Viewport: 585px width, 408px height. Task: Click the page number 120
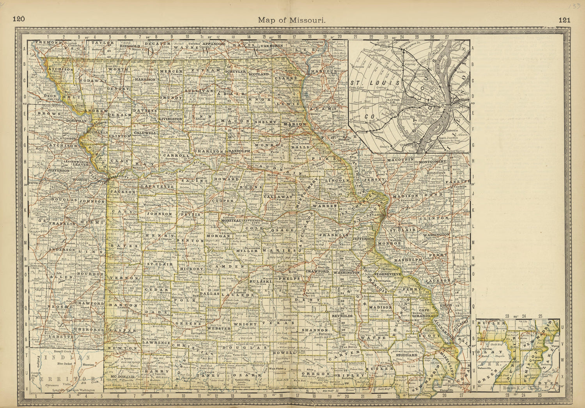pyautogui.click(x=19, y=20)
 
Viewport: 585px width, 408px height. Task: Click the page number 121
pyautogui.click(x=564, y=20)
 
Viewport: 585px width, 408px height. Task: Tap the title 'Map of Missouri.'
pyautogui.click(x=292, y=20)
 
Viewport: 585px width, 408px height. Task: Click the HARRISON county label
pyautogui.click(x=145, y=79)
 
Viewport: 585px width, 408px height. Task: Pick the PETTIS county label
pyautogui.click(x=190, y=214)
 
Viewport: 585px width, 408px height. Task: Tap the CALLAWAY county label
pyautogui.click(x=278, y=197)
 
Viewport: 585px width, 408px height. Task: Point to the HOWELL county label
pyautogui.click(x=286, y=352)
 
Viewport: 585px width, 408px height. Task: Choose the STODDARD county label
pyautogui.click(x=407, y=355)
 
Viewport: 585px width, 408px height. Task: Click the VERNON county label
pyautogui.click(x=122, y=277)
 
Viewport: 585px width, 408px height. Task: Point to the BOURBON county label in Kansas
pyautogui.click(x=92, y=274)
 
